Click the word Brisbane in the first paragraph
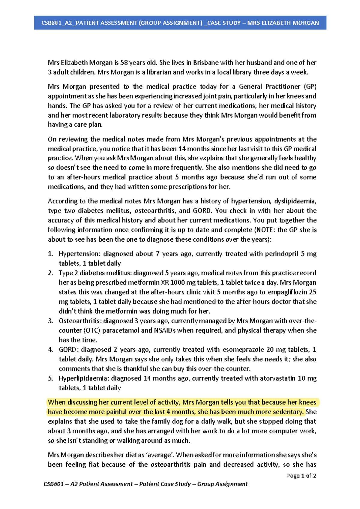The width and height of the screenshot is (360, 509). pyautogui.click(x=206, y=63)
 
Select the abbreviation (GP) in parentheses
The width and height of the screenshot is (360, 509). pyautogui.click(x=310, y=87)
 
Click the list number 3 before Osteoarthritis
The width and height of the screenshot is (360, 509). pyautogui.click(x=50, y=321)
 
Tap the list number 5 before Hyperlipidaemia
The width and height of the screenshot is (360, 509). pyautogui.click(x=50, y=378)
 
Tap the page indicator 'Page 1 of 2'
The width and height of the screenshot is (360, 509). pyautogui.click(x=301, y=476)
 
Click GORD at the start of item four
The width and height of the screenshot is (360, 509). pyautogui.click(x=69, y=350)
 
